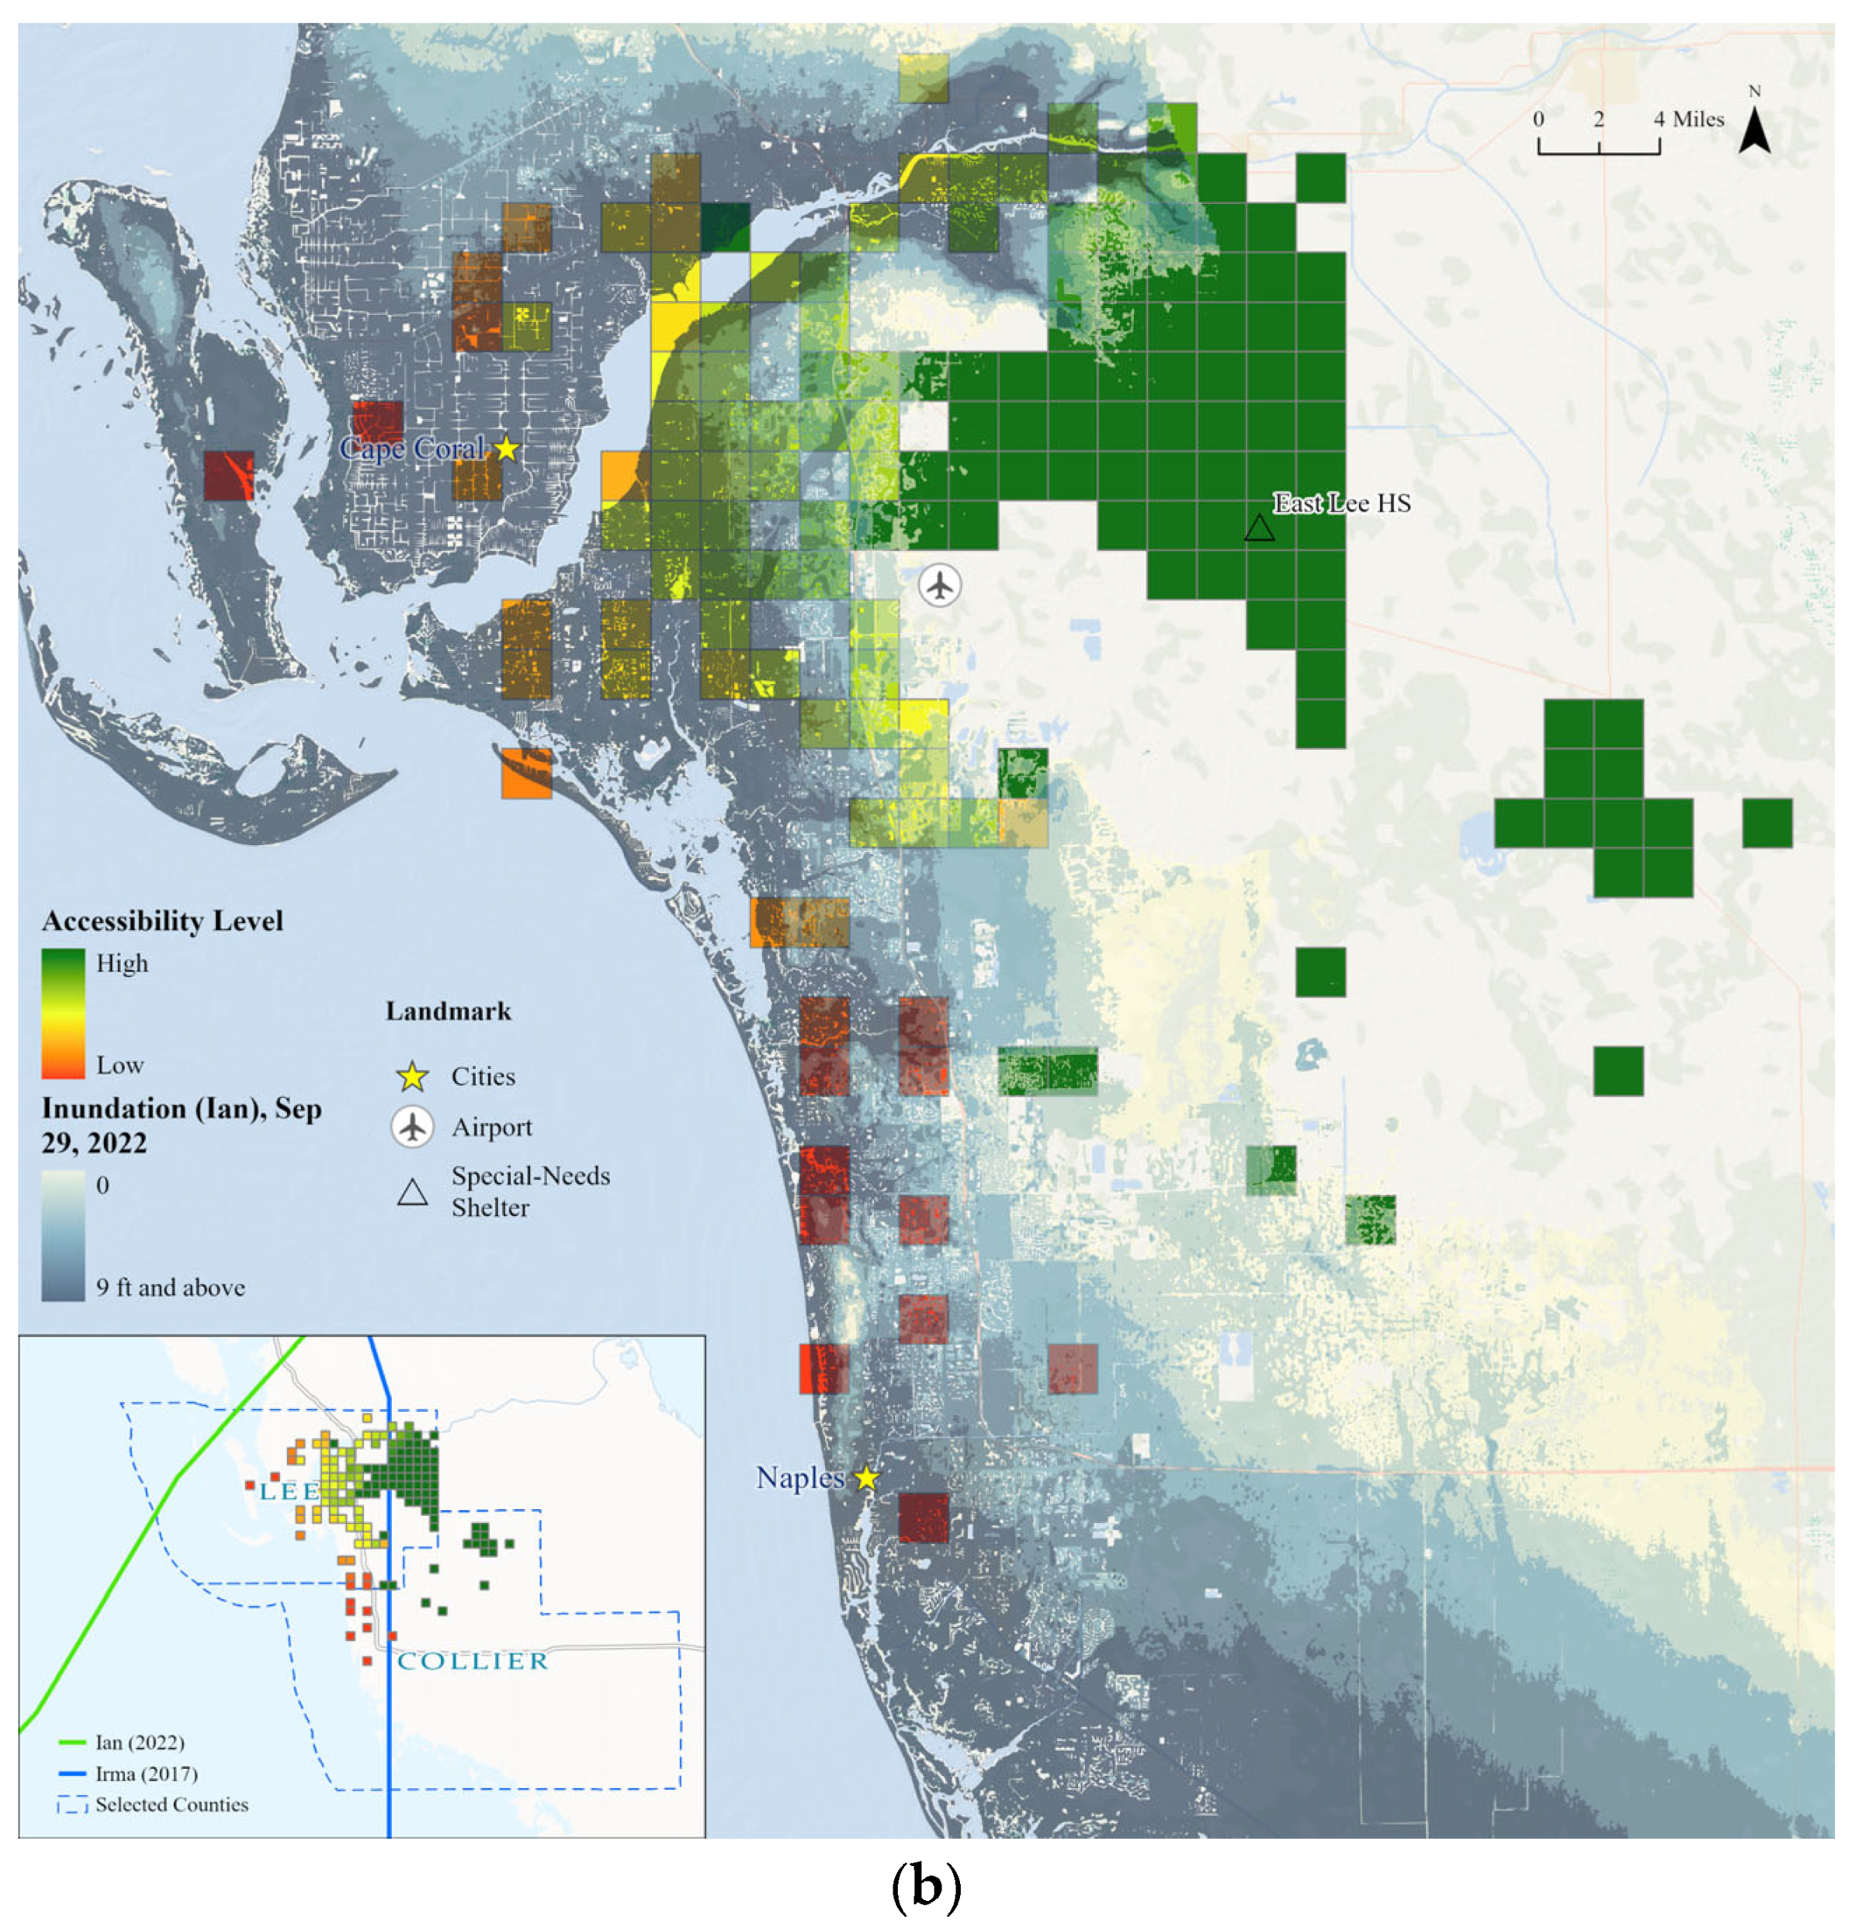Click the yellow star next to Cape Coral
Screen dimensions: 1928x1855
(505, 449)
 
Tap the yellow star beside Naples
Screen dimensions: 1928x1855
(865, 1479)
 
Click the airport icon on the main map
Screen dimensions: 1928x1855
(940, 585)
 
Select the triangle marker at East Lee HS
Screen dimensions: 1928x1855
(1259, 529)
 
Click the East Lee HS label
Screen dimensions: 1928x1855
(1342, 504)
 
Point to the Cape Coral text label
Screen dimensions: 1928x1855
(411, 449)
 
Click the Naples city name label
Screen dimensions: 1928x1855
(799, 1478)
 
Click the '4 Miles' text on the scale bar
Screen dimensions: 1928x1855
(1688, 119)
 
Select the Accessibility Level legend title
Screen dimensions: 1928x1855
(162, 921)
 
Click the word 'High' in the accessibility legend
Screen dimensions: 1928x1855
(122, 963)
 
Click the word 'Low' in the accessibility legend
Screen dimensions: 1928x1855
(120, 1066)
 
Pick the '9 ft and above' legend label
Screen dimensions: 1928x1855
(170, 1288)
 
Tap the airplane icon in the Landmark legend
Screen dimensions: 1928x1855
(412, 1127)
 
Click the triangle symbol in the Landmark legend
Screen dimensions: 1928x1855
(412, 1193)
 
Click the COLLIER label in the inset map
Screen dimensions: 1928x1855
(472, 1662)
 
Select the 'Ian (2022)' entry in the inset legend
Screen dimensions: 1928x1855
(139, 1742)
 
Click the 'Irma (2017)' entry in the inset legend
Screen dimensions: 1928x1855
(146, 1774)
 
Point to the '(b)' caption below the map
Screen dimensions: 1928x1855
(925, 1885)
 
